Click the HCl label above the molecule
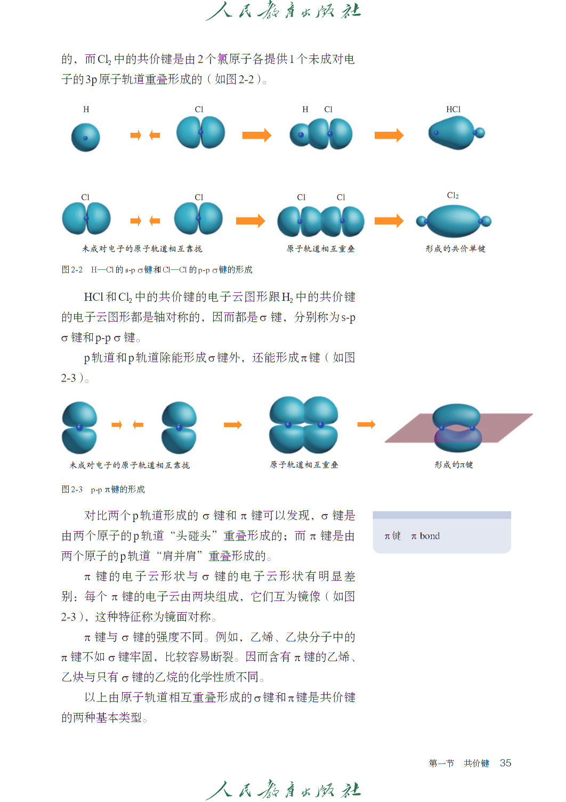tap(453, 109)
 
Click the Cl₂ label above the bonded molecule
tap(452, 196)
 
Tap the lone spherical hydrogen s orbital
tap(86, 138)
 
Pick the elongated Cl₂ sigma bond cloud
tap(454, 221)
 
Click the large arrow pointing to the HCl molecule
tap(389, 135)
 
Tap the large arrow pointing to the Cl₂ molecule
tap(389, 221)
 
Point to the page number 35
tap(505, 763)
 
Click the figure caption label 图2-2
tap(72, 270)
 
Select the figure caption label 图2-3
tap(72, 490)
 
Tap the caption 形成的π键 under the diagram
tap(454, 465)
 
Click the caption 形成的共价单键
tap(455, 249)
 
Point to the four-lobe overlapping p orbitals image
tap(304, 425)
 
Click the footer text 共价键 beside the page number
tap(476, 764)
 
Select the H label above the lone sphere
tap(86, 109)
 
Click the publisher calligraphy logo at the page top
tap(283, 11)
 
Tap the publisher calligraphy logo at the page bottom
tap(283, 790)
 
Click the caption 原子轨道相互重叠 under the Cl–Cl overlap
tap(320, 249)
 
